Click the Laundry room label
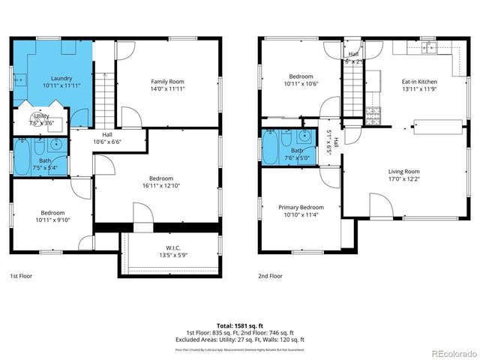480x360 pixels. tap(61, 78)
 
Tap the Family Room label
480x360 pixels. tap(167, 81)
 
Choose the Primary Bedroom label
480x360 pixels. tap(301, 208)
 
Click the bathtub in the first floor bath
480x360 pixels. tap(22, 156)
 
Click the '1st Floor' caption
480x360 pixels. tap(20, 276)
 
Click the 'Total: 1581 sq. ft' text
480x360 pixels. tap(239, 325)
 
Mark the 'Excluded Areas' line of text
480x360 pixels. tap(239, 340)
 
